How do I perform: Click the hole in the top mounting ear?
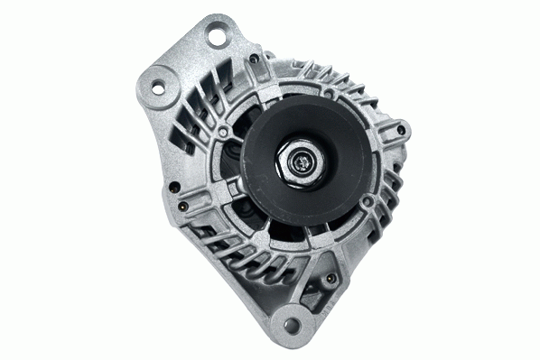coord(217,37)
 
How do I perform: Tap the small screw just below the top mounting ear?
coord(254,60)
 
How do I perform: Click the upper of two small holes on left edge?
coord(172,188)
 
